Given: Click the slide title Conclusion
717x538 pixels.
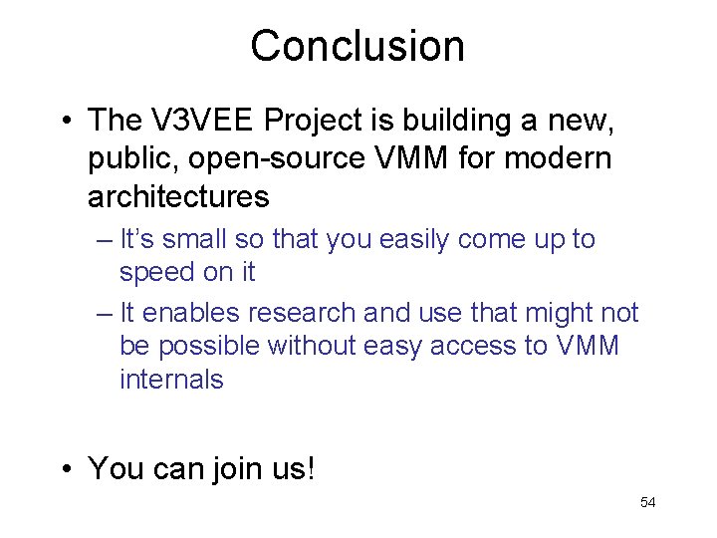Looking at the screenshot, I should pyautogui.click(x=358, y=46).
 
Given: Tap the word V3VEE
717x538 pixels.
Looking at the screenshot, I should pyautogui.click(x=204, y=121).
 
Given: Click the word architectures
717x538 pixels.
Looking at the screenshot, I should pyautogui.click(x=178, y=197).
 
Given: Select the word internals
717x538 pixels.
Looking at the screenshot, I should pyautogui.click(x=171, y=380).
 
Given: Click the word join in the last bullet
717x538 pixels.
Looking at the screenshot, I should pyautogui.click(x=236, y=467).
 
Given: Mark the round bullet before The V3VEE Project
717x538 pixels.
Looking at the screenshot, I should pyautogui.click(x=64, y=122).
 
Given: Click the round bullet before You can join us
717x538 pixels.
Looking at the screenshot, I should pyautogui.click(x=64, y=468).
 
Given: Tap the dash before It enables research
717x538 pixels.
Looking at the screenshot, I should pyautogui.click(x=107, y=314).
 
